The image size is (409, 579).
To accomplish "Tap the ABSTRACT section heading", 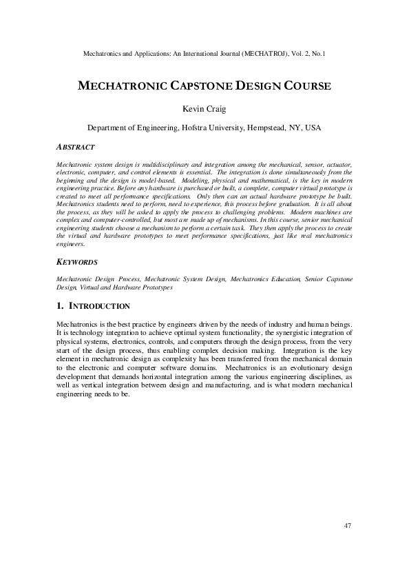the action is pos(75,147).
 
